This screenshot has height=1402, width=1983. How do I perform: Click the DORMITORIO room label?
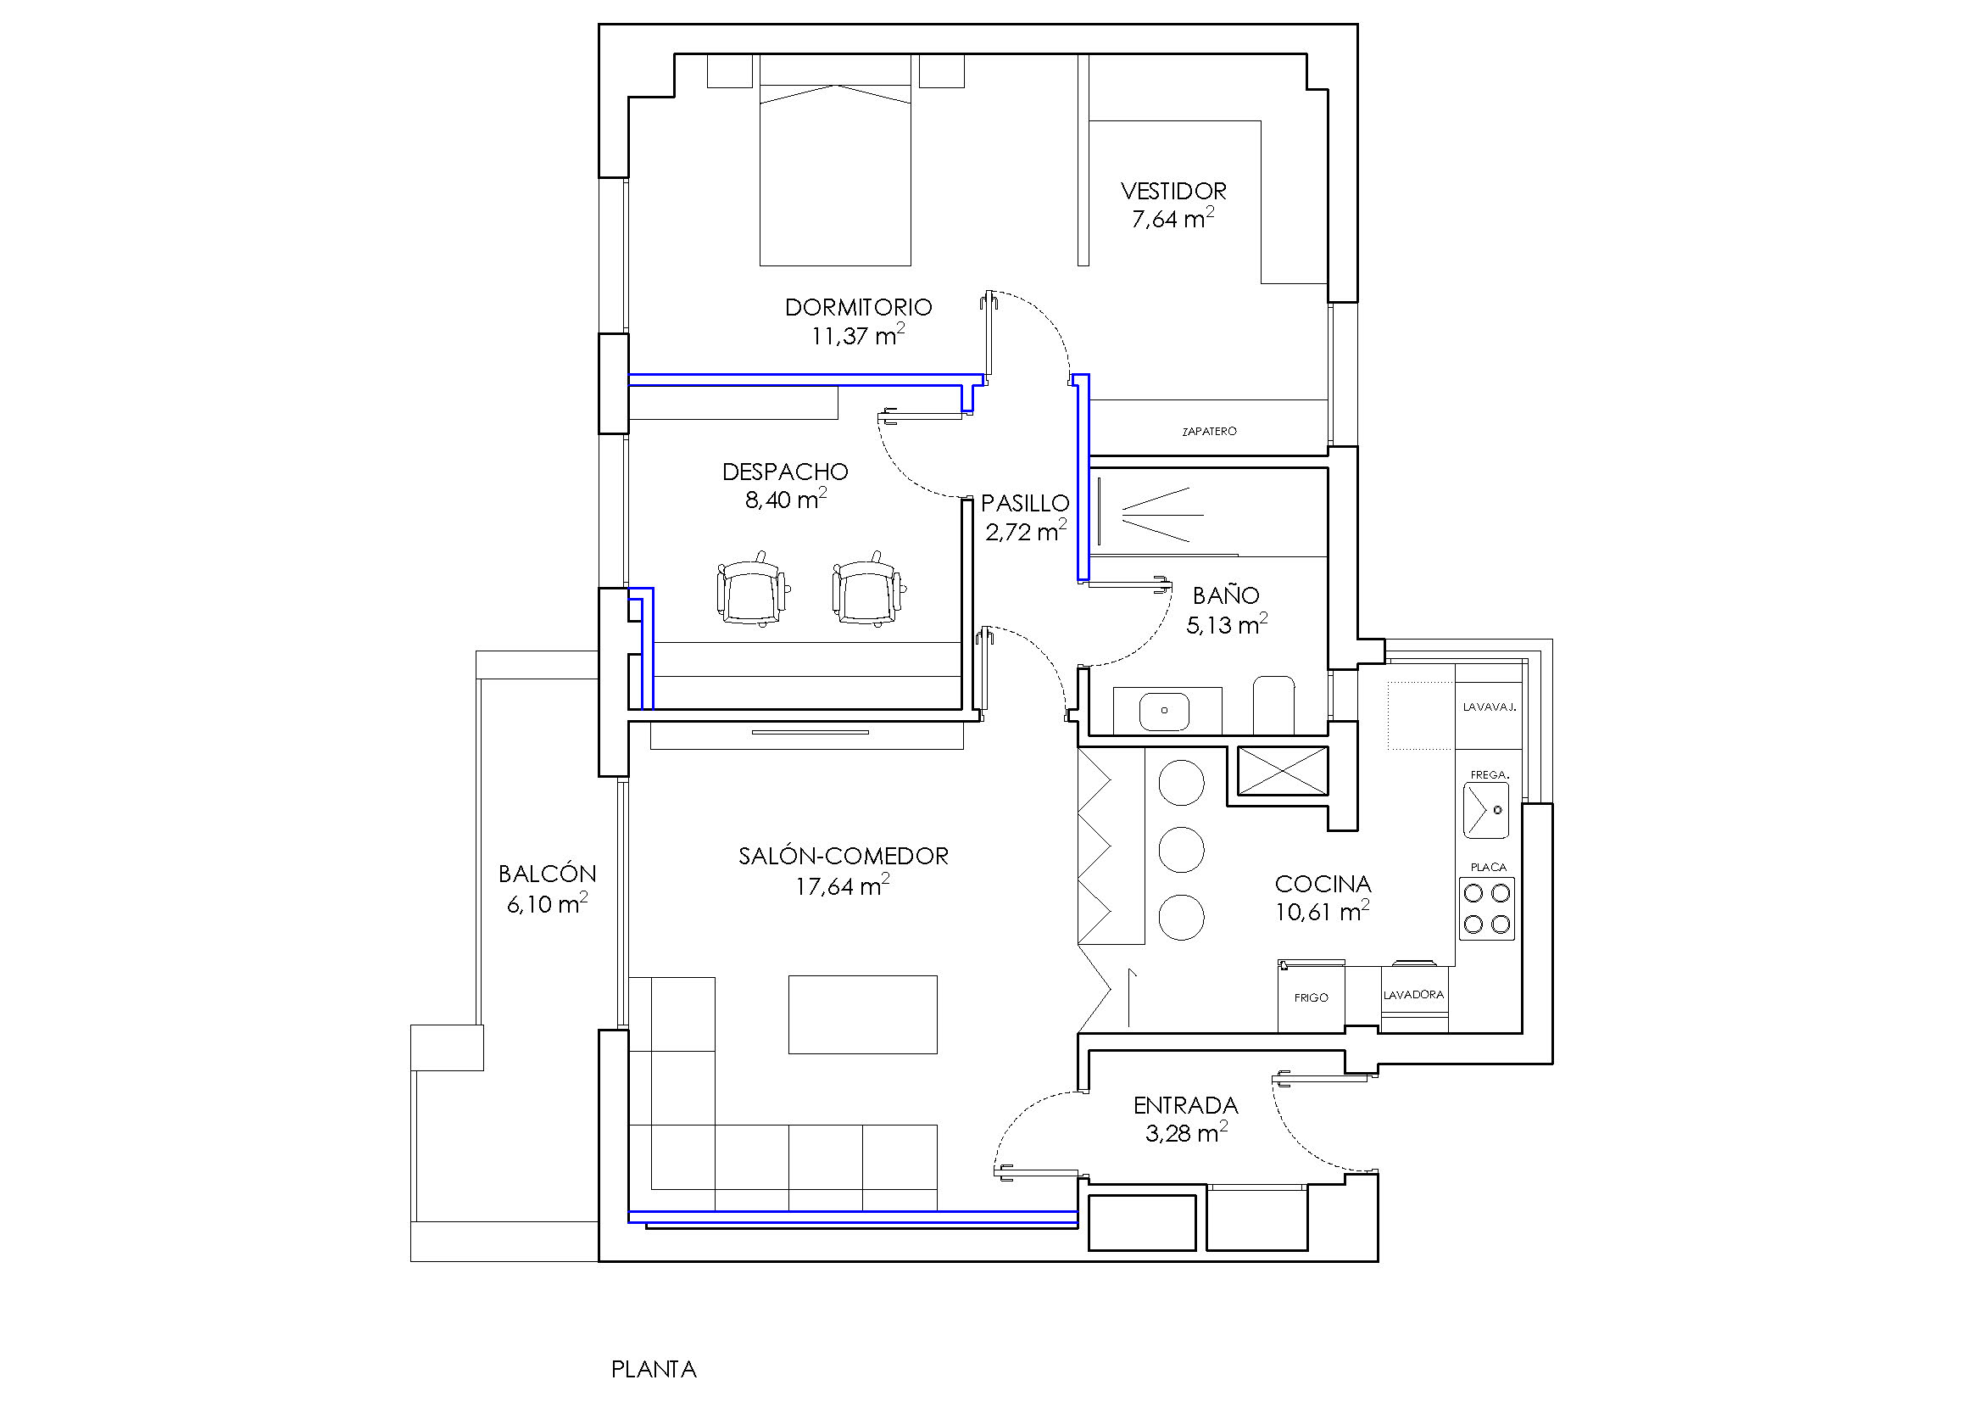click(x=859, y=307)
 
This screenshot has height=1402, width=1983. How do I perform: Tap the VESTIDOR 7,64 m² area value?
click(x=1173, y=219)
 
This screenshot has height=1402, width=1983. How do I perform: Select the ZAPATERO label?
click(x=1209, y=431)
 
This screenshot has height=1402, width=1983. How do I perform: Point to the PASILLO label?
click(x=1025, y=503)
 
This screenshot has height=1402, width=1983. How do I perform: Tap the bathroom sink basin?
click(x=1164, y=712)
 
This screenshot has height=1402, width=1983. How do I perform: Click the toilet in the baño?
click(x=1274, y=705)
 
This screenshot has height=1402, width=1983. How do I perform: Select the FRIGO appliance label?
click(x=1311, y=997)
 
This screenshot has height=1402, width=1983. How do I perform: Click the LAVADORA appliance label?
click(x=1414, y=995)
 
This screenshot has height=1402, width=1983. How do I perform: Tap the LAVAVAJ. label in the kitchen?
click(x=1489, y=707)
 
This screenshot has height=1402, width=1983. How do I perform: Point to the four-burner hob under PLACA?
click(x=1487, y=908)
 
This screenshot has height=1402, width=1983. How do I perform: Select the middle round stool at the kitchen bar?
click(x=1181, y=849)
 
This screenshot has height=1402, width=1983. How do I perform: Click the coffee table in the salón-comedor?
click(x=863, y=1014)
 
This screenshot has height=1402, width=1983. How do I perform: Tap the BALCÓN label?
click(x=548, y=874)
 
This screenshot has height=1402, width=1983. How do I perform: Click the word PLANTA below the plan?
click(x=654, y=1370)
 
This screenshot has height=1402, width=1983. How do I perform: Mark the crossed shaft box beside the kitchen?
click(x=1283, y=770)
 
